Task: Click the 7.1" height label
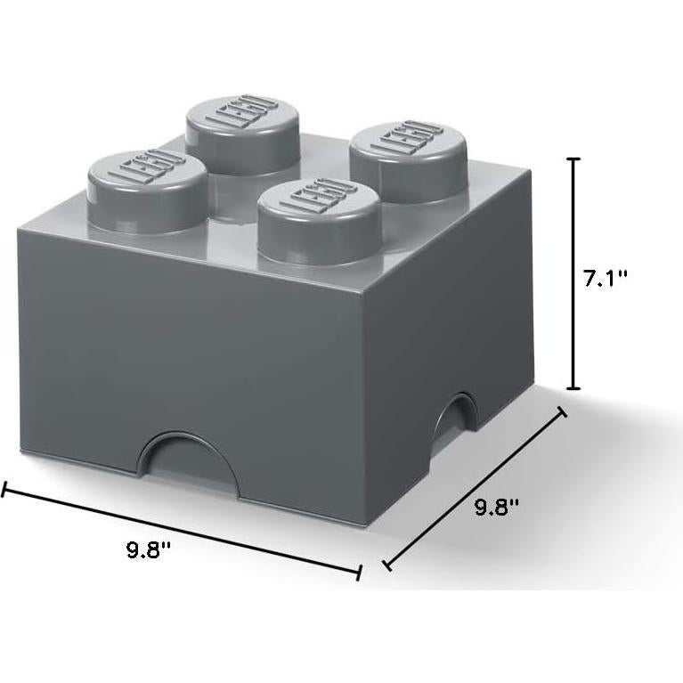click(x=606, y=278)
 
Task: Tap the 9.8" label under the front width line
click(x=148, y=549)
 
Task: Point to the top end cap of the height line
click(x=574, y=159)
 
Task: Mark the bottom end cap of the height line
click(x=574, y=387)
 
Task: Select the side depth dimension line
click(x=474, y=487)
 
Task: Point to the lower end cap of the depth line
click(x=386, y=564)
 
